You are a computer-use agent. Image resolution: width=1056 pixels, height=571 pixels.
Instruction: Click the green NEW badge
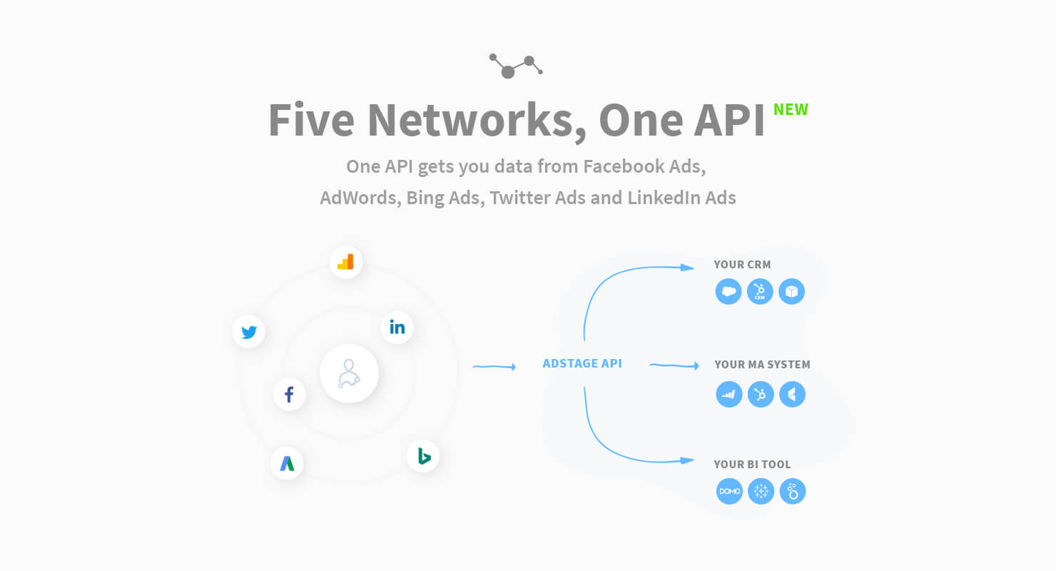tap(791, 109)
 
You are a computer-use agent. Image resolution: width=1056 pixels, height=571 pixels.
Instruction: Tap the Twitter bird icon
tap(249, 332)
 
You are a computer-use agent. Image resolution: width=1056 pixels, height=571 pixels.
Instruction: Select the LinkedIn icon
tap(397, 327)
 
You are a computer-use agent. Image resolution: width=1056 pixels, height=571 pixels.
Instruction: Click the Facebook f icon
tap(289, 394)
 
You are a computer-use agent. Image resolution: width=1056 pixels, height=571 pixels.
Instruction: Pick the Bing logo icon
tap(423, 456)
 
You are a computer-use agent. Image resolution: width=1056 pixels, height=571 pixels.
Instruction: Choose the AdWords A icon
tap(287, 463)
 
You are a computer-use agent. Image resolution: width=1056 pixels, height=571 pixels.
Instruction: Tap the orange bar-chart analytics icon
tap(345, 262)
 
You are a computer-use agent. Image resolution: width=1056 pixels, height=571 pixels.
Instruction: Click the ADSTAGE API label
tap(582, 363)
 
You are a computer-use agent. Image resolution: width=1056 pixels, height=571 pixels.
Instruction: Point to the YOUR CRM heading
tap(743, 265)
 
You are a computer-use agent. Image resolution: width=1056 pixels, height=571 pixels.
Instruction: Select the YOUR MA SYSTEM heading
tap(762, 365)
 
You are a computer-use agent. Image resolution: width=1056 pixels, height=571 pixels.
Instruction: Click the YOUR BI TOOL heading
tap(752, 465)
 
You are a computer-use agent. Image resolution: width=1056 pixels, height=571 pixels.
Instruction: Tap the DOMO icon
tap(729, 491)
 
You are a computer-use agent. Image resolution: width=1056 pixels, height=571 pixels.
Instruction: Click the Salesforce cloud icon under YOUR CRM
tap(728, 291)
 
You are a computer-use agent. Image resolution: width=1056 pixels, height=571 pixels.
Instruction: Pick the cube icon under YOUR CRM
tap(791, 291)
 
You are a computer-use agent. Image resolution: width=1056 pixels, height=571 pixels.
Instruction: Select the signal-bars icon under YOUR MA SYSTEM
tap(728, 394)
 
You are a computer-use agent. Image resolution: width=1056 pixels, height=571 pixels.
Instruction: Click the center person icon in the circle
tap(349, 373)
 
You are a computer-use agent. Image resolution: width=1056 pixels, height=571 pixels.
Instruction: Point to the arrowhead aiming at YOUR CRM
tap(687, 268)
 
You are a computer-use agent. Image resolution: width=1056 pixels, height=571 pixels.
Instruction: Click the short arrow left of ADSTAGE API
tap(494, 366)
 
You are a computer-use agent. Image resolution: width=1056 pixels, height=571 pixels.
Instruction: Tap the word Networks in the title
tap(477, 121)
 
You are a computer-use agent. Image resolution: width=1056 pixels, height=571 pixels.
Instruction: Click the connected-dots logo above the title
tap(516, 66)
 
